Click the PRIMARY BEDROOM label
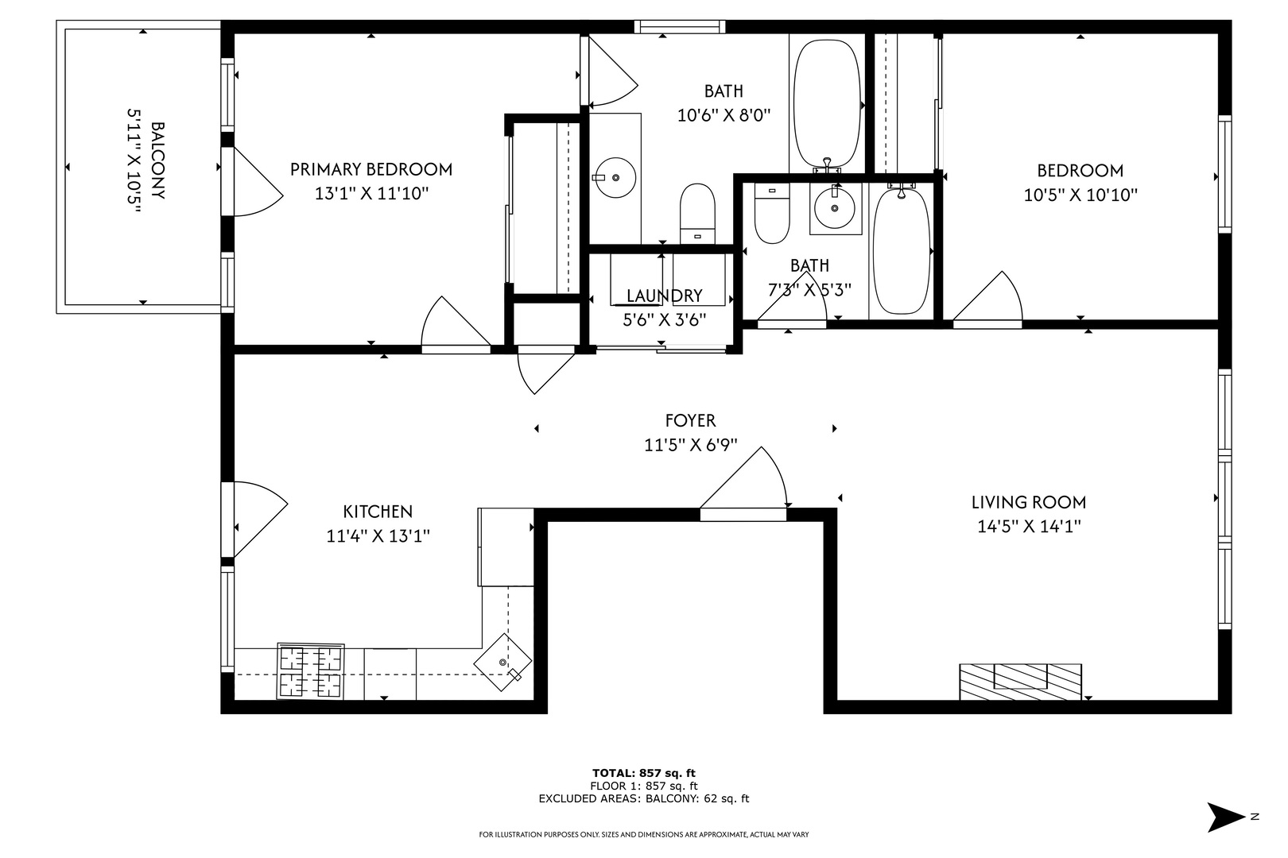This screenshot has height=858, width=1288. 370,169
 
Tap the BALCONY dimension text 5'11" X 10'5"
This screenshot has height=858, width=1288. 134,161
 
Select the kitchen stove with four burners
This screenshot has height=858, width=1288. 311,671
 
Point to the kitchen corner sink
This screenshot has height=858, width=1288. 502,662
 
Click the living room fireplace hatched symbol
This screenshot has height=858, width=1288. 1021,682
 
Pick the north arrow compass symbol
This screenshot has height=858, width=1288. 1226,817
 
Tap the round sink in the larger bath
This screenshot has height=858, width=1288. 615,178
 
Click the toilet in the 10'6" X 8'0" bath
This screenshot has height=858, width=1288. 697,214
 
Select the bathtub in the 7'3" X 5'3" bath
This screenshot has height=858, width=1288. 901,251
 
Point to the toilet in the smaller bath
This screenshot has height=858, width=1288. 772,213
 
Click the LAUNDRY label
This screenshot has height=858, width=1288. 664,296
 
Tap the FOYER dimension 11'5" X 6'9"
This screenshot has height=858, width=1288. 691,445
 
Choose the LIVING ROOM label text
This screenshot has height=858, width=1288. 1029,502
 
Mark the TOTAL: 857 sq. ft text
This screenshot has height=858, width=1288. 644,773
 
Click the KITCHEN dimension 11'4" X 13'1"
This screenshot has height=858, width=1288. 378,536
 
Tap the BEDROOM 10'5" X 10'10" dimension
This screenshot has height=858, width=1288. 1080,195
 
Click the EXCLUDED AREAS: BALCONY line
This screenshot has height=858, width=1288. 644,798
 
